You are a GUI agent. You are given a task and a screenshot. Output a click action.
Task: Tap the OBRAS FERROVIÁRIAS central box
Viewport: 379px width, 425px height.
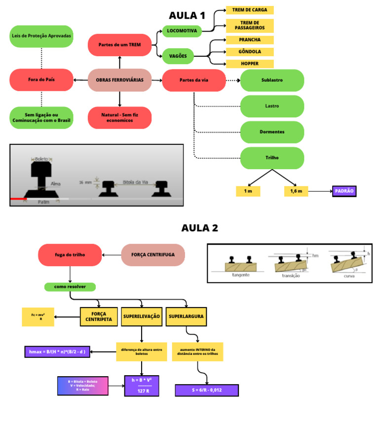(x=119, y=80)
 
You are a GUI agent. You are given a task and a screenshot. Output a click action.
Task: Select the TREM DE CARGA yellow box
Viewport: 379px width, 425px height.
(x=250, y=10)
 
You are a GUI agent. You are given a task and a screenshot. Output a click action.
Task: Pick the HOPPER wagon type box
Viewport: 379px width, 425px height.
(x=250, y=64)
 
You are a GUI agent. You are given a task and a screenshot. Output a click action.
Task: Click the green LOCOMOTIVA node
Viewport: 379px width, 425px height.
(x=182, y=31)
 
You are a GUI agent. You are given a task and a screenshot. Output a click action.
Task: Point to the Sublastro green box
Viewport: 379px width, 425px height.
(x=272, y=80)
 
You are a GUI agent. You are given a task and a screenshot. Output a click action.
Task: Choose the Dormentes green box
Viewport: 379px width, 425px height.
(x=272, y=132)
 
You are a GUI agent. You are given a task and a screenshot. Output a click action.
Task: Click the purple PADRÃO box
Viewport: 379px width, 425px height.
(x=344, y=191)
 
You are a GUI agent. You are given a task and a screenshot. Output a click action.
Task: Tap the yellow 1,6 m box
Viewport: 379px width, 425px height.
(x=296, y=191)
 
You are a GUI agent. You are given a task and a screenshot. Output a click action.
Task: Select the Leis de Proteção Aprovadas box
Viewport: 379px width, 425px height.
(x=41, y=36)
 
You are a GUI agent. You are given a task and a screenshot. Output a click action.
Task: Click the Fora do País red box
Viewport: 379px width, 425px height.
(x=41, y=80)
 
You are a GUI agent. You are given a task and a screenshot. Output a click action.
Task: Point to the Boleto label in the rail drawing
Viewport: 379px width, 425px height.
(x=42, y=159)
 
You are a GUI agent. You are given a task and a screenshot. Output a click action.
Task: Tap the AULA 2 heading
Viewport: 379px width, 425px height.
(x=199, y=228)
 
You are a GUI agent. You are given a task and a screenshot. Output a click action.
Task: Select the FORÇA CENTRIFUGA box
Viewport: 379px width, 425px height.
(x=153, y=255)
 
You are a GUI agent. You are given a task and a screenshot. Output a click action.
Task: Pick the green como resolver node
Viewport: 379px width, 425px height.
(x=70, y=286)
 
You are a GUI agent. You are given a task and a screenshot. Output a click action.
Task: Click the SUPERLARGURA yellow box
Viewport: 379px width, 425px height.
(x=186, y=317)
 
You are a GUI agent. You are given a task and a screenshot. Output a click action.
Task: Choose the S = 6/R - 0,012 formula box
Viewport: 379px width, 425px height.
(x=207, y=390)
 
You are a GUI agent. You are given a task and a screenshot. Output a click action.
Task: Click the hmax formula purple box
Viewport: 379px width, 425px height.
(x=57, y=352)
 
